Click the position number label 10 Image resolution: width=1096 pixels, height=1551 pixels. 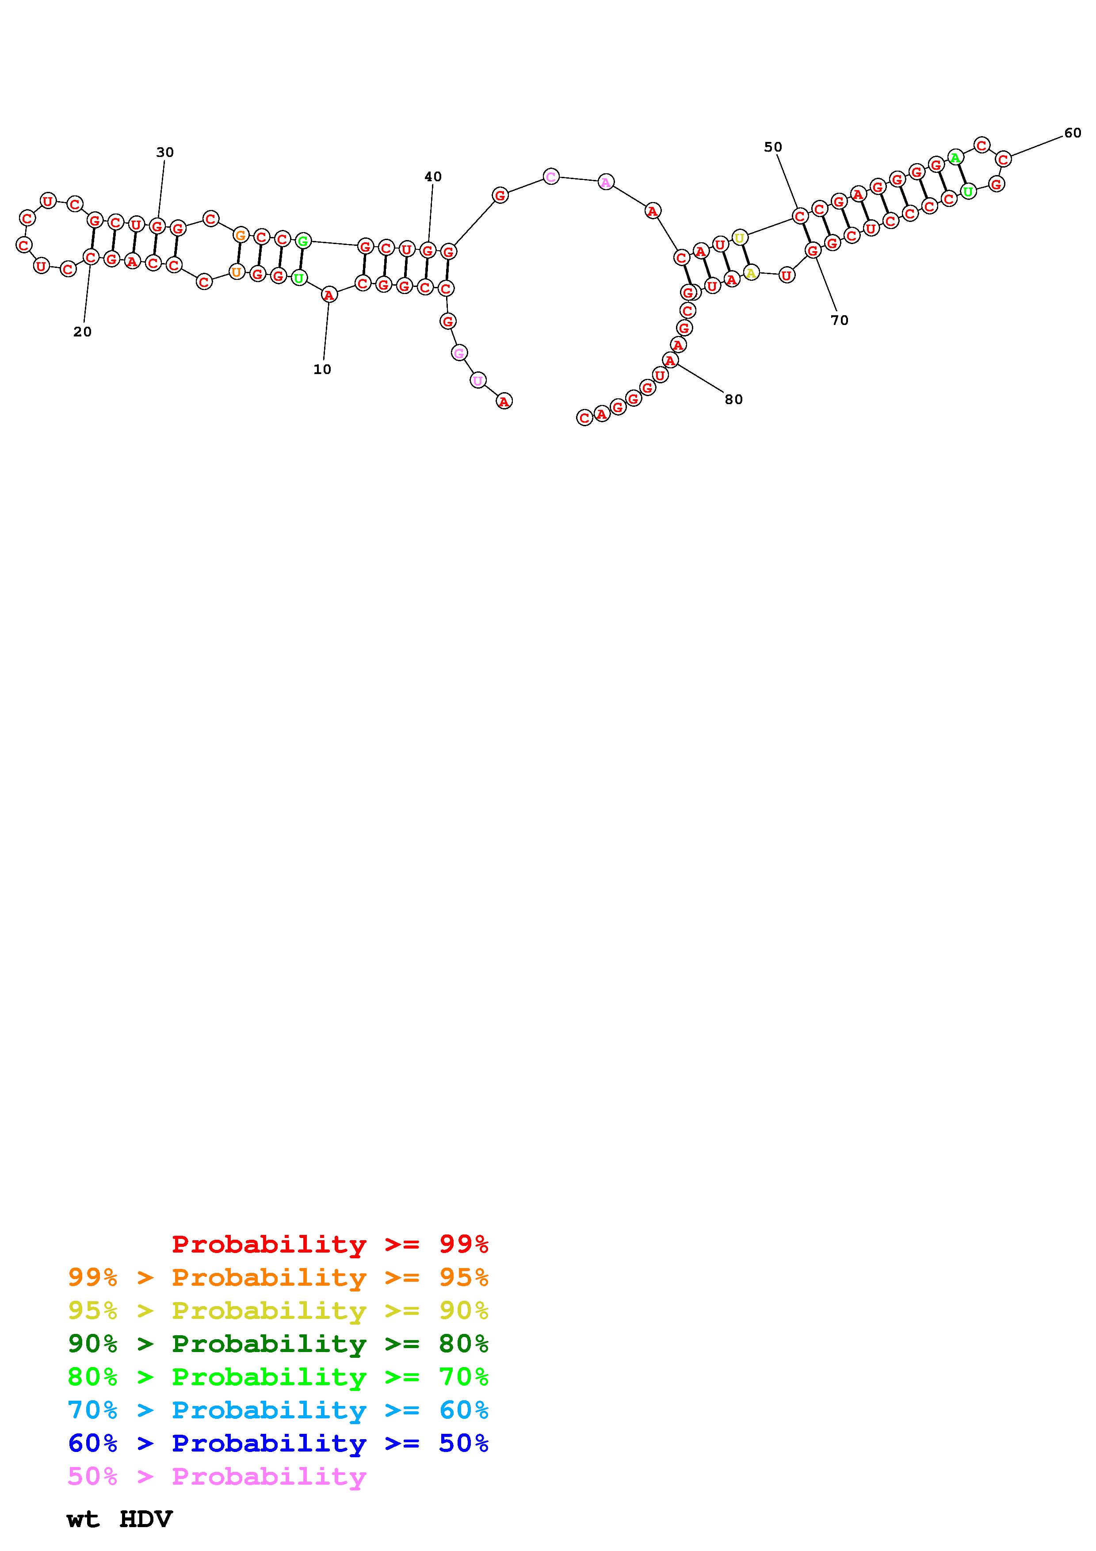tap(322, 370)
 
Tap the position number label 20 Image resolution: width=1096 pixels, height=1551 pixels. tap(82, 332)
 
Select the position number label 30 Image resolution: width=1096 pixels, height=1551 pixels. tap(165, 153)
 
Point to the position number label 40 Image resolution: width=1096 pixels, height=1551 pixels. tap(433, 177)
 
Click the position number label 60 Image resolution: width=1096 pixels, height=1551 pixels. tap(1073, 133)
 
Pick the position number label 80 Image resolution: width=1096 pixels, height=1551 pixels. tap(733, 399)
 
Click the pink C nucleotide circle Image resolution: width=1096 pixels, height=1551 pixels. tap(551, 177)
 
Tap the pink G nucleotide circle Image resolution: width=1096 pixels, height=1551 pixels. tap(459, 353)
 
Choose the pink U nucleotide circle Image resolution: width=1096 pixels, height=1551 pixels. tap(477, 380)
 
